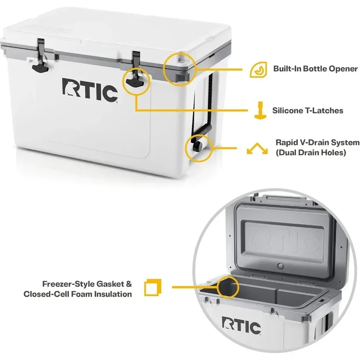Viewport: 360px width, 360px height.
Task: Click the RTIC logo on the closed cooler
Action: tap(90, 88)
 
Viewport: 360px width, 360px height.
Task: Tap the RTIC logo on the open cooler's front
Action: tap(241, 326)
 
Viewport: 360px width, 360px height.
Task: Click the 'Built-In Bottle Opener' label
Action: tap(315, 69)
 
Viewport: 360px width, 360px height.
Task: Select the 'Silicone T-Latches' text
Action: tap(308, 111)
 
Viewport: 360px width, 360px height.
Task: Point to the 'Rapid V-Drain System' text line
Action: tap(317, 143)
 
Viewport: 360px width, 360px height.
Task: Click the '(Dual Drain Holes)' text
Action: tap(311, 153)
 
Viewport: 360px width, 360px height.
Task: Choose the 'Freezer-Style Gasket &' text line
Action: tap(87, 284)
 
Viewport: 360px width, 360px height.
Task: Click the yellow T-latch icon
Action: tap(258, 111)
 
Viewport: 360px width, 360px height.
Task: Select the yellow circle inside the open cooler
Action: tap(228, 287)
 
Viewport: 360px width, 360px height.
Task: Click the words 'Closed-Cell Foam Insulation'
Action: tap(78, 294)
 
